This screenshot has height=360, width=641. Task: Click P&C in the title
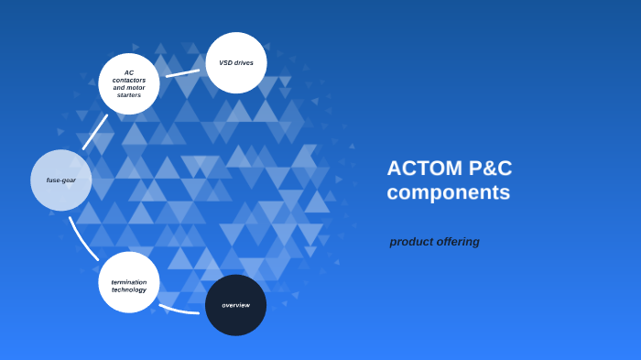(x=490, y=169)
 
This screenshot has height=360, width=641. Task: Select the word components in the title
(x=448, y=192)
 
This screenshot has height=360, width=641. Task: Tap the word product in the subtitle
(x=411, y=242)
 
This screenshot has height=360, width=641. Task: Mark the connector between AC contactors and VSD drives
(x=182, y=72)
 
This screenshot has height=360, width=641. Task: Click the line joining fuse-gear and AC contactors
(x=95, y=132)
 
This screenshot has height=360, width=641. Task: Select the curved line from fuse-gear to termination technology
(x=81, y=239)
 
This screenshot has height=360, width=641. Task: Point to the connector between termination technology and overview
(x=179, y=310)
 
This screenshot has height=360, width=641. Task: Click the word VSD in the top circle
(x=226, y=63)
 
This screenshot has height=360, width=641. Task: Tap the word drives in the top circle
(x=244, y=63)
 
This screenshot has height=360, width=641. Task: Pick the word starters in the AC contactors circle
(x=129, y=95)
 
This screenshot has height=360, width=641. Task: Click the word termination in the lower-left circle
(x=129, y=282)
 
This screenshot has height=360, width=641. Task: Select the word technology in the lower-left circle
(x=129, y=289)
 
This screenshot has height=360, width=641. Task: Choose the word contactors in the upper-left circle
(x=129, y=80)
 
